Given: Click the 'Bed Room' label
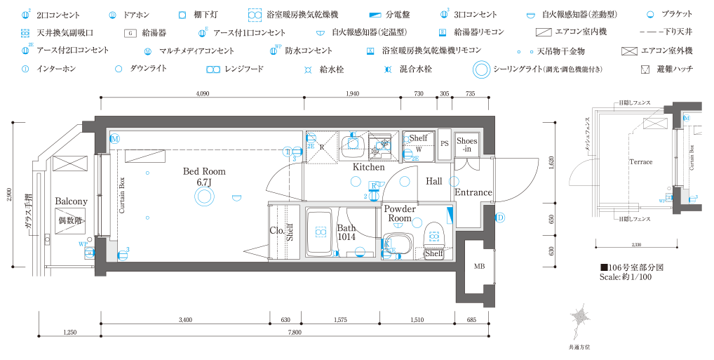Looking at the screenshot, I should tap(204, 171).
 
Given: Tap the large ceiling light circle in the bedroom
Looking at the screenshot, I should tap(204, 201).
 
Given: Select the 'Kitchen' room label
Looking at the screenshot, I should tap(368, 167).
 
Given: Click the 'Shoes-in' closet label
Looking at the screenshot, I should tap(467, 145).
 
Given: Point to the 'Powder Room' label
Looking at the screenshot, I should tap(400, 214).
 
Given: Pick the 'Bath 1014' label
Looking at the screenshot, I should tap(346, 232).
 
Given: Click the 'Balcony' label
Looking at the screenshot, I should tap(71, 201).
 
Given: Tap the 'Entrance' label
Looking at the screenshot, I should tap(473, 192).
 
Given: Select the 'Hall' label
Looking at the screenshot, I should tap(434, 181).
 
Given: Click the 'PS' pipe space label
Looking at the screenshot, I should tap(443, 144).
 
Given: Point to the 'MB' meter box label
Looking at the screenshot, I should tap(480, 266).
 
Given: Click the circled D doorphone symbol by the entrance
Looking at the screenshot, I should tap(500, 218).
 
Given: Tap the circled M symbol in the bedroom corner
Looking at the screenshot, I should tap(114, 138).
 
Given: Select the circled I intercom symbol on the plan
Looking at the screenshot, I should tap(287, 151).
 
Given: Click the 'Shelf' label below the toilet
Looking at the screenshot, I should tap(434, 253).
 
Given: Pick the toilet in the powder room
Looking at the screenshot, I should tap(433, 231).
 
